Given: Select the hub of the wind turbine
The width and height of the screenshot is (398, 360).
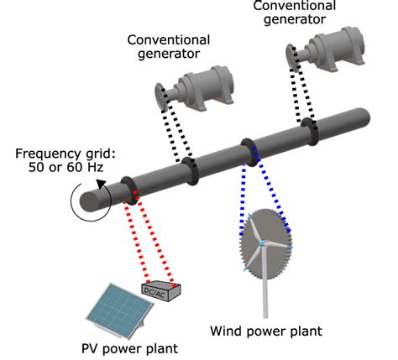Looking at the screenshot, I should click(262, 243).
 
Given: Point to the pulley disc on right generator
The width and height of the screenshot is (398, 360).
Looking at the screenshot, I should click(294, 63).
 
